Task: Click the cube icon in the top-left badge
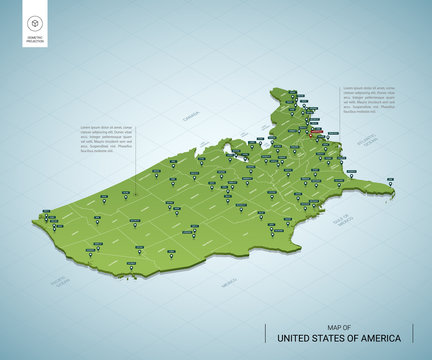pos(35,23)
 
